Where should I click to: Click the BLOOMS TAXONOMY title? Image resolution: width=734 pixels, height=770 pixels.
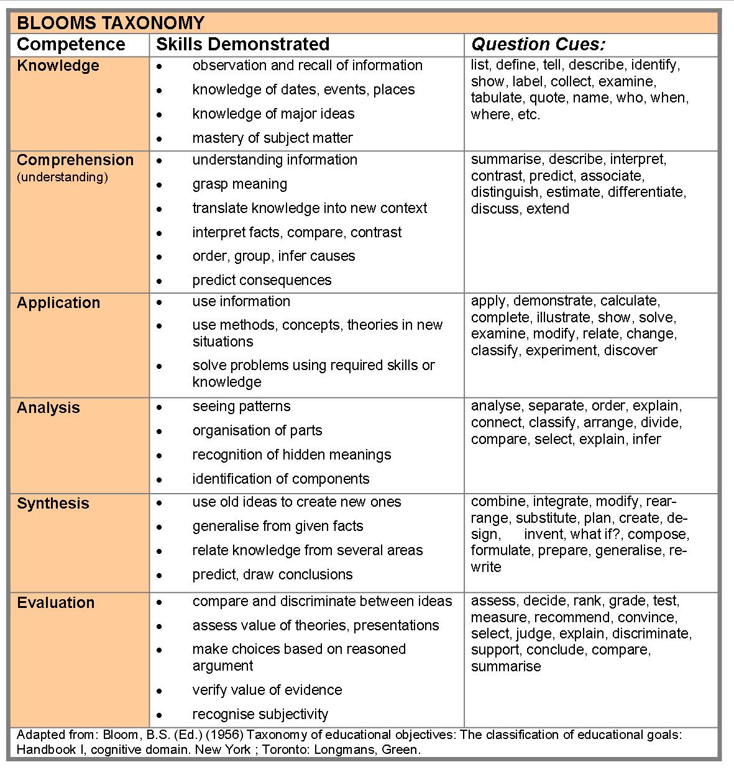[110, 23]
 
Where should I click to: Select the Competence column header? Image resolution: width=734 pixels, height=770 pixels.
[71, 45]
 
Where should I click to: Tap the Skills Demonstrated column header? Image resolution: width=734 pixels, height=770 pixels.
[242, 45]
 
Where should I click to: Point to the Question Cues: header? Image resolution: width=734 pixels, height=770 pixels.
[538, 45]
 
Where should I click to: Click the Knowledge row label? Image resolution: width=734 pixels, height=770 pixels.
[58, 66]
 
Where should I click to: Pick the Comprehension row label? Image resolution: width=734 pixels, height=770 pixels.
[75, 160]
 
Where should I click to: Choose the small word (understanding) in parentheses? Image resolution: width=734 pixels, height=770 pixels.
[62, 178]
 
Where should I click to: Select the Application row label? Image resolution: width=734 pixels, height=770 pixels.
[58, 303]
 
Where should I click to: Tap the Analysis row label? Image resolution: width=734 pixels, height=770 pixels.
[48, 408]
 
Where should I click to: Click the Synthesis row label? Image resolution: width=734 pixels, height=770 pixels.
[53, 504]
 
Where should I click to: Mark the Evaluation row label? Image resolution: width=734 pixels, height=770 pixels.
[56, 603]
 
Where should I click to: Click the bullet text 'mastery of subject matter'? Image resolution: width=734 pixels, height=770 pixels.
[272, 138]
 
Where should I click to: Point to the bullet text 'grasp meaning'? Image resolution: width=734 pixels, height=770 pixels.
[239, 184]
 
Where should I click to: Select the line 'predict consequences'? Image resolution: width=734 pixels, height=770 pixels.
[262, 280]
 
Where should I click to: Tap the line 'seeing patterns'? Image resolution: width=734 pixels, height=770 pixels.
[241, 407]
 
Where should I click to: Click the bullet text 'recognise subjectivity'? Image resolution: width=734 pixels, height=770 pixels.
[260, 714]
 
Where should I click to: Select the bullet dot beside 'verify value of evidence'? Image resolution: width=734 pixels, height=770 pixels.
[160, 691]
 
